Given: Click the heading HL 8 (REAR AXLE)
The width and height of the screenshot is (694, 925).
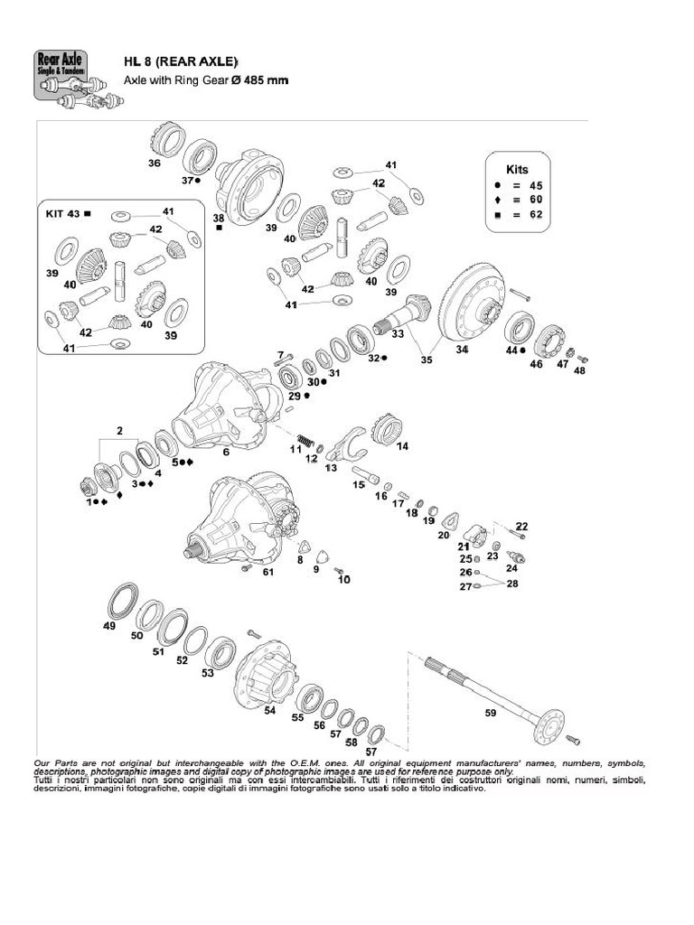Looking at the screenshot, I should pyautogui.click(x=181, y=61).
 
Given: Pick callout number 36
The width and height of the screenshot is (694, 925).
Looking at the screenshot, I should pyautogui.click(x=155, y=164).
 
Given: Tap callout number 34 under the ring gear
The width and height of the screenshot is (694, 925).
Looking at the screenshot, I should pyautogui.click(x=462, y=350).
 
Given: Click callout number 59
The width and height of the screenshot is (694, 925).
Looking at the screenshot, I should pyautogui.click(x=491, y=714).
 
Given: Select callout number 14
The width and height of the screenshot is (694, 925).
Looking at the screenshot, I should pyautogui.click(x=402, y=445).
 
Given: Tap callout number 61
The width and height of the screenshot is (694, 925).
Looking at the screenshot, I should pyautogui.click(x=267, y=572).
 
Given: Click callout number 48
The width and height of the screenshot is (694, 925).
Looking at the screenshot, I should pyautogui.click(x=579, y=370).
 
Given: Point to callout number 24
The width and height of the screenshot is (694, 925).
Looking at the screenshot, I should pyautogui.click(x=511, y=568).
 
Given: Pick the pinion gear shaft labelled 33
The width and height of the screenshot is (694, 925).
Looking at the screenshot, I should pyautogui.click(x=402, y=316).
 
